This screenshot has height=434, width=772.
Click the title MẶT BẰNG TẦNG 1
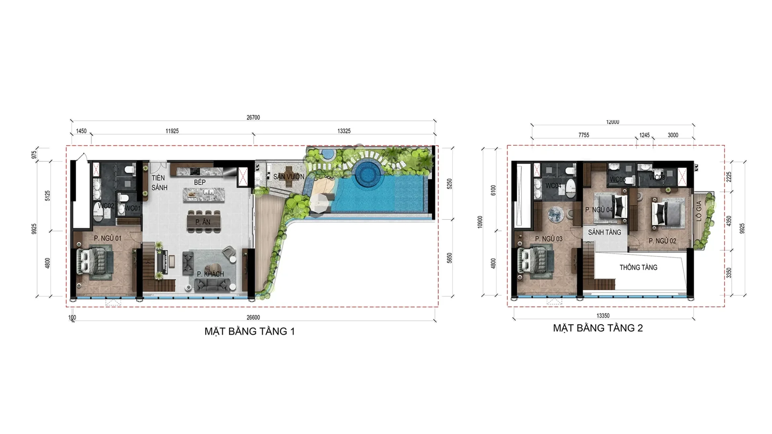tap(249, 332)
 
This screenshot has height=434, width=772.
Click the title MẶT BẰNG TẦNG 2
tap(597, 328)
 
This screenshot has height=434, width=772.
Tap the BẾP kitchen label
tap(200, 182)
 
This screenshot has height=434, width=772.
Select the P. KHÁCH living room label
tap(210, 274)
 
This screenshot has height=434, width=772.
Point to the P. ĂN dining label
tap(203, 222)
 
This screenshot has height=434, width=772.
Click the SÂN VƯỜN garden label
tap(289, 177)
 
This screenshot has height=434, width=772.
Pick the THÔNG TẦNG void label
tap(638, 268)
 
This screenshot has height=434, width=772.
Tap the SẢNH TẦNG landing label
tap(604, 232)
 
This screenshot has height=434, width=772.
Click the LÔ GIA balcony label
tap(699, 211)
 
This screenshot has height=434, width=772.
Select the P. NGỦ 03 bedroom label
tap(548, 239)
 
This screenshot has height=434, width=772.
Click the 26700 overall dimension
tap(253, 118)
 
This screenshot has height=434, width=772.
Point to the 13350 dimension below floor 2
tap(603, 316)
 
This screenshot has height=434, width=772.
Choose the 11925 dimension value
tap(172, 131)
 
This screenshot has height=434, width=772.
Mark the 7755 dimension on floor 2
tap(583, 135)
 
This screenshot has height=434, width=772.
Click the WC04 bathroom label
tap(553, 186)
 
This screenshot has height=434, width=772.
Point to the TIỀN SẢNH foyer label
tap(159, 183)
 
